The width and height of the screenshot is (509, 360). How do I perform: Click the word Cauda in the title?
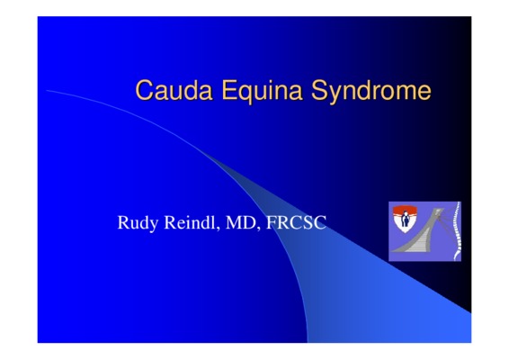(174, 90)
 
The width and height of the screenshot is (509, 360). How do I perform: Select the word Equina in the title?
(262, 91)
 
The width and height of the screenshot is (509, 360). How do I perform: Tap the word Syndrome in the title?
(371, 91)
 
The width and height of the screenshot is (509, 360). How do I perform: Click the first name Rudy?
(138, 223)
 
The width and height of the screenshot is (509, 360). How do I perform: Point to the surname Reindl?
(190, 222)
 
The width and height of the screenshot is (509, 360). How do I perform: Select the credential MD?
(240, 222)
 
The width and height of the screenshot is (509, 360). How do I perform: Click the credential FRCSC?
(296, 222)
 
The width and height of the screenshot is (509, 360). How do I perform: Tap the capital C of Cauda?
(144, 90)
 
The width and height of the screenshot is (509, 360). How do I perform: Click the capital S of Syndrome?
(319, 90)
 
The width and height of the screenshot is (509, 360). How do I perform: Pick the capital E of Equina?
(228, 90)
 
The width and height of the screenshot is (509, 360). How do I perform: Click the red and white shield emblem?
(405, 219)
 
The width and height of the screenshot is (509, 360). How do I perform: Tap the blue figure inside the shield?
(405, 219)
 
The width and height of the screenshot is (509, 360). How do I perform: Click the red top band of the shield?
(405, 209)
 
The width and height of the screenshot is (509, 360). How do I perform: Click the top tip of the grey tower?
(439, 209)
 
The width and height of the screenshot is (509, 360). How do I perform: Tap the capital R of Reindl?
(170, 222)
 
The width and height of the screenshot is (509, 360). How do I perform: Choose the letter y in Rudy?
(155, 226)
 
